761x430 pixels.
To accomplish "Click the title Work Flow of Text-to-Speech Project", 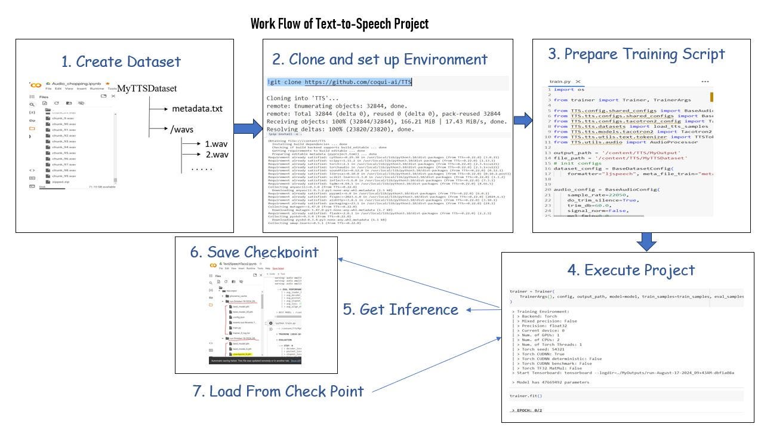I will (x=339, y=24).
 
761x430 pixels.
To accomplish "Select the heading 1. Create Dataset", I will (x=121, y=62).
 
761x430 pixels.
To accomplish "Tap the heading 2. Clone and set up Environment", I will (x=380, y=59).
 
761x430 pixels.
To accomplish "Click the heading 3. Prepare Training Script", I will (x=636, y=54).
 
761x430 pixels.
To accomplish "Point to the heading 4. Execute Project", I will (x=631, y=270).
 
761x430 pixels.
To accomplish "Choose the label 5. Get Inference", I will (x=400, y=309).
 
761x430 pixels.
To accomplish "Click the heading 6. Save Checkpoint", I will (x=254, y=251).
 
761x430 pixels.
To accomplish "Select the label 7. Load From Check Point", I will (x=278, y=391).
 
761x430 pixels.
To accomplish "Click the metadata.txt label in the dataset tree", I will (x=197, y=109).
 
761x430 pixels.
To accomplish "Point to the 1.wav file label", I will (x=217, y=144).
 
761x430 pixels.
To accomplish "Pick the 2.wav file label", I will (x=217, y=155).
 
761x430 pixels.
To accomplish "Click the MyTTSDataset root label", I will (x=147, y=88).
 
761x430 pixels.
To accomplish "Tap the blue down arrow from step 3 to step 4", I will (x=646, y=241).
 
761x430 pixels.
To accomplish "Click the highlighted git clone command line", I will (x=339, y=82).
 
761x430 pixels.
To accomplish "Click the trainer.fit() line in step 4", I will (x=526, y=396).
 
